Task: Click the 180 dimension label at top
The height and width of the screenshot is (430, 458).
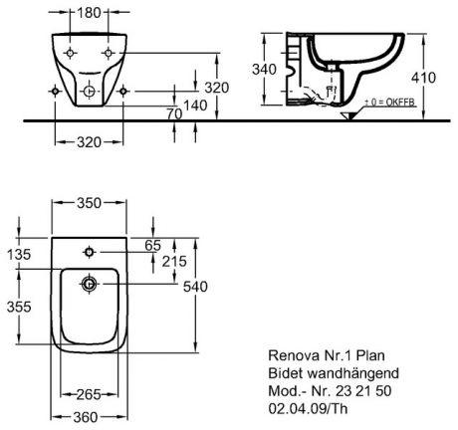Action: (x=89, y=13)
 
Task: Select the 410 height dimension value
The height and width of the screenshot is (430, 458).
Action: (x=423, y=78)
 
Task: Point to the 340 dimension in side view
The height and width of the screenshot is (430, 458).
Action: (x=264, y=70)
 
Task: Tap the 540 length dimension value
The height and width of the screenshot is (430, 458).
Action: (x=195, y=287)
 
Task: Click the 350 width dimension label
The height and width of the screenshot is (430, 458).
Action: (x=89, y=203)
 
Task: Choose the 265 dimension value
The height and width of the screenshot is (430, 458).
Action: (x=89, y=394)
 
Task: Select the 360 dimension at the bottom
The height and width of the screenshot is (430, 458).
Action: (x=86, y=417)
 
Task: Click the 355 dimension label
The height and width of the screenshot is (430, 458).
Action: (x=19, y=307)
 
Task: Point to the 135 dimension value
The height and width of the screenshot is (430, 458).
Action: (x=19, y=255)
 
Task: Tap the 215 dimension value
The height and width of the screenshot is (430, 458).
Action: (x=174, y=262)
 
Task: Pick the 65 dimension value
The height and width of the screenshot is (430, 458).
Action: (x=153, y=246)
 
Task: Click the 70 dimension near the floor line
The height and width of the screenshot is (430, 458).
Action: (x=174, y=113)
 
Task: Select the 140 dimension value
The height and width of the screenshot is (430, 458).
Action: (x=195, y=106)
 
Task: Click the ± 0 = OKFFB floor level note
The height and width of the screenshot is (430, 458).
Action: (x=390, y=103)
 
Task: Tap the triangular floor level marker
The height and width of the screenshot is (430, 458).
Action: (x=348, y=115)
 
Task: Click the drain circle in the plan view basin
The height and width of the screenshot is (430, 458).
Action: (x=89, y=284)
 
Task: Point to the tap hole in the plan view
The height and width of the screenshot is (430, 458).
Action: (x=89, y=252)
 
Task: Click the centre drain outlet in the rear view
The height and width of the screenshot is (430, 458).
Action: (x=89, y=91)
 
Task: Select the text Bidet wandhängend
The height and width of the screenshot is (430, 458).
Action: (x=334, y=373)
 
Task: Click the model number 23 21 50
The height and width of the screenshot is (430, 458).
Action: (x=363, y=391)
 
